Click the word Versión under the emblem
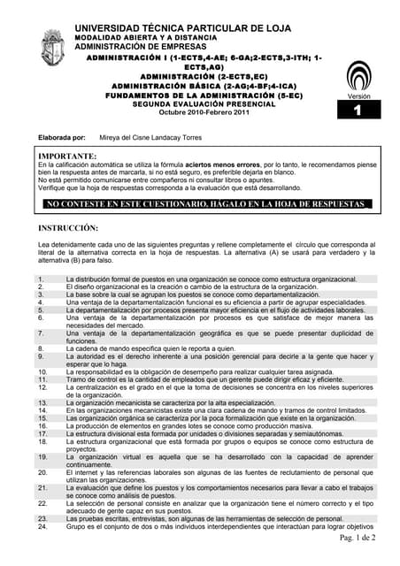(358, 96)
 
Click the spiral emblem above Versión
(358, 75)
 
